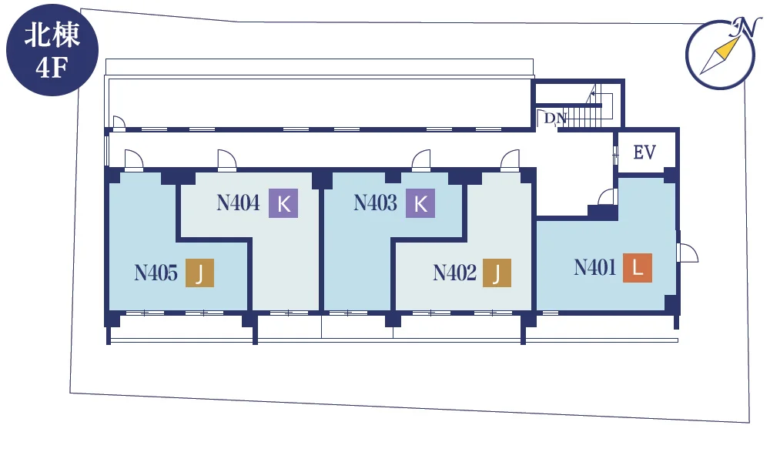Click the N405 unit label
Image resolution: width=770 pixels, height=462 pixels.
(156, 273)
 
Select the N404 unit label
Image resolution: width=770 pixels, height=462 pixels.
(238, 203)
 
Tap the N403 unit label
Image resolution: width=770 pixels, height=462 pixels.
(375, 203)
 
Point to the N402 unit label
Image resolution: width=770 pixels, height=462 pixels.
(455, 273)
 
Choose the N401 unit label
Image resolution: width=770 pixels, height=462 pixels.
(595, 268)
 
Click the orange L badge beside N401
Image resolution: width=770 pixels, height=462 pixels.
(638, 268)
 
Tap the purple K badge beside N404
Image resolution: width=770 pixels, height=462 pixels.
(283, 203)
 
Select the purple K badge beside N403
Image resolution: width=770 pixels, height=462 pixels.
(420, 203)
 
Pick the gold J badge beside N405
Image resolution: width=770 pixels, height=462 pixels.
(199, 273)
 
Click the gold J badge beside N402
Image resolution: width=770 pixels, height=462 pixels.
(497, 273)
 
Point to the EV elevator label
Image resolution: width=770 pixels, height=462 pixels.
(644, 152)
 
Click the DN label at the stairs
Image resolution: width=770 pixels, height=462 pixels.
(555, 119)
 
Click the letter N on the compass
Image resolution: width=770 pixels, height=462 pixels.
(745, 28)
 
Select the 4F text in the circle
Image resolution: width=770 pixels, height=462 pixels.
(52, 67)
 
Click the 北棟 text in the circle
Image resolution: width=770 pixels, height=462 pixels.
(52, 36)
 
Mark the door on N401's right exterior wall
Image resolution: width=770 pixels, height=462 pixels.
(687, 253)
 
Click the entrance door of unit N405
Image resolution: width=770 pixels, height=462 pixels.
(133, 160)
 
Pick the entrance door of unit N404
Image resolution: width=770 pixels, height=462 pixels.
(227, 160)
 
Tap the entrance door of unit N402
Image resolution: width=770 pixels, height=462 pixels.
(510, 160)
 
